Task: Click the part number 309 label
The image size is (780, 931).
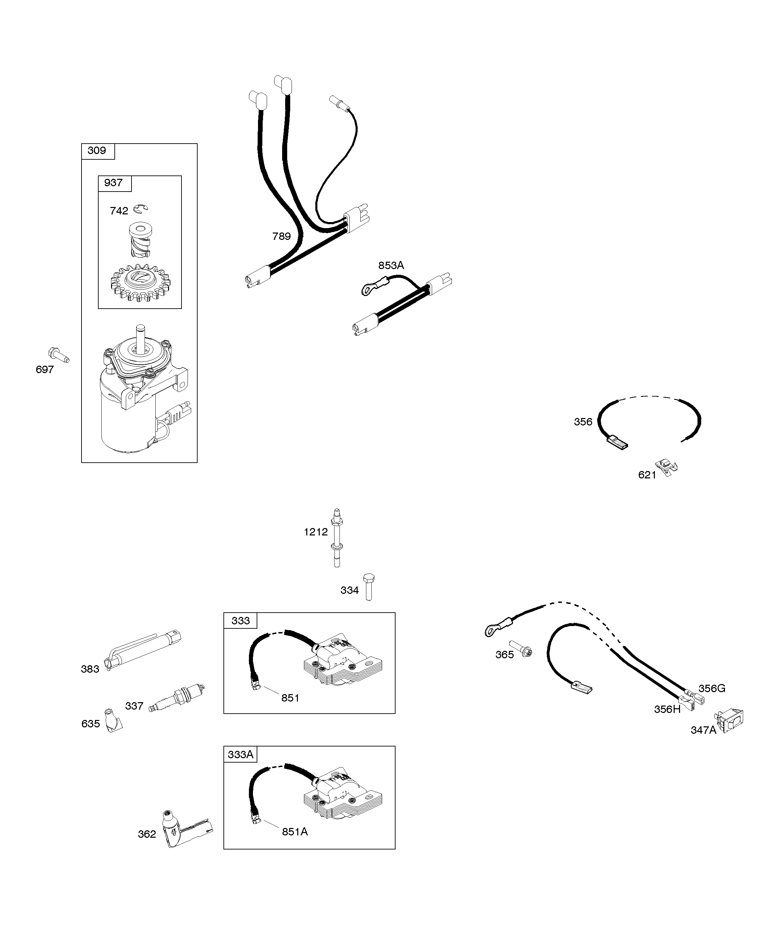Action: [97, 150]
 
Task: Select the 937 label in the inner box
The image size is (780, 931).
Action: [113, 183]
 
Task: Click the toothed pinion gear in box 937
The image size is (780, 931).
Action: [140, 282]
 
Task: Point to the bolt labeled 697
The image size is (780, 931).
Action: [58, 355]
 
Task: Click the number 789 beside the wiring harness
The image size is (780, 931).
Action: [281, 236]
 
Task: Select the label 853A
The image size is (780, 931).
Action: [391, 265]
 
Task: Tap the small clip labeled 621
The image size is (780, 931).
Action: [667, 467]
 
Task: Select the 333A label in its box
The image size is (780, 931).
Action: [240, 754]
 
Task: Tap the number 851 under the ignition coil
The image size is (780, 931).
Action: [291, 698]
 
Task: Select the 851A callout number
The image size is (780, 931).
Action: [295, 832]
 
